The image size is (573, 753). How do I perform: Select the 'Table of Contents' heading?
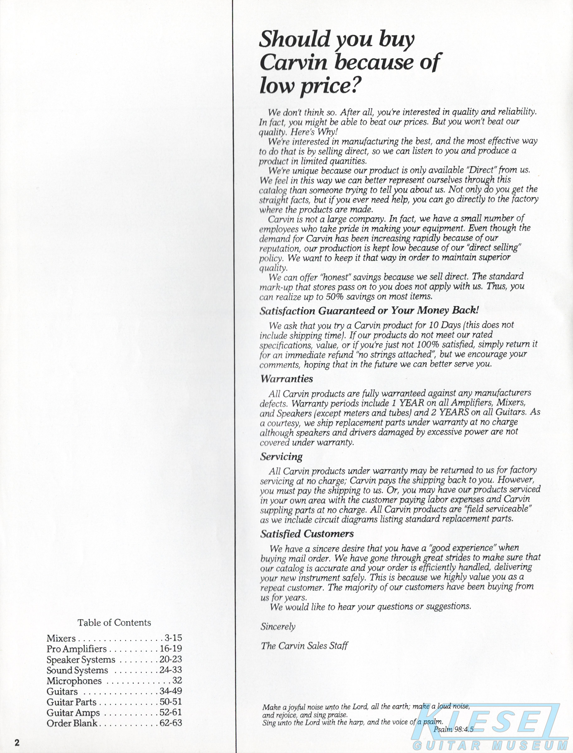click(x=114, y=623)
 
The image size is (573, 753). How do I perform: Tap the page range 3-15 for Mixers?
click(x=173, y=638)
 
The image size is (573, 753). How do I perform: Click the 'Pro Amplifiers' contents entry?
click(x=76, y=649)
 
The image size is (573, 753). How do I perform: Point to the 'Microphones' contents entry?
click(x=74, y=681)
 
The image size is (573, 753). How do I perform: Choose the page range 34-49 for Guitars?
click(x=170, y=691)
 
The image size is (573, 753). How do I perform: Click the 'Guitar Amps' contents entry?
click(x=73, y=713)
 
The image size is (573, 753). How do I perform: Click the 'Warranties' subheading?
click(x=286, y=379)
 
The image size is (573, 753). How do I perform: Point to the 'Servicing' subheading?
click(x=281, y=457)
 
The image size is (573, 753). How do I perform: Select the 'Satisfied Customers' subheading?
click(x=307, y=534)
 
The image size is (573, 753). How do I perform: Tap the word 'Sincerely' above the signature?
click(x=278, y=627)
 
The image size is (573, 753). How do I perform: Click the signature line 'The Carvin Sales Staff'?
click(x=304, y=646)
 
